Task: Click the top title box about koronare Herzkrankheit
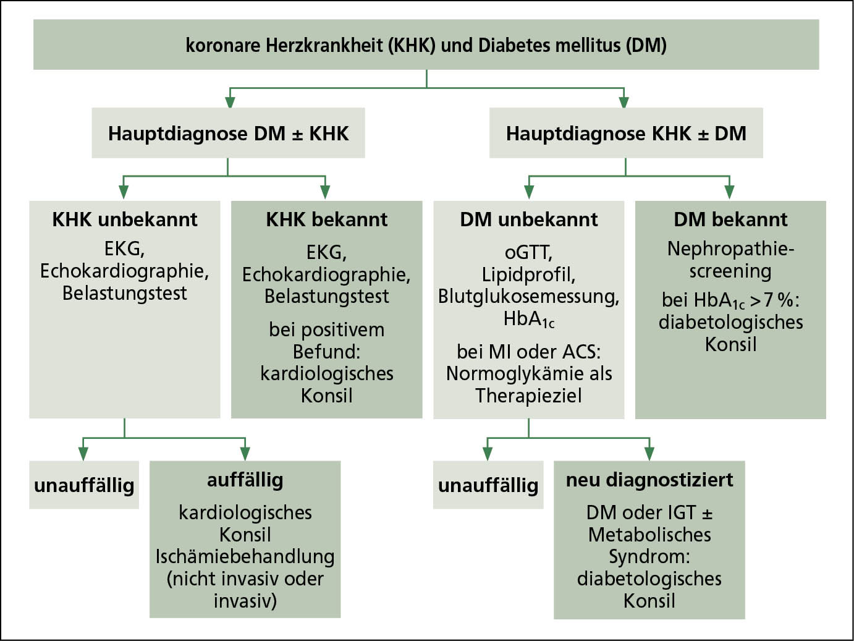(x=426, y=45)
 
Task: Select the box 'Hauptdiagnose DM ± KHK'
(x=228, y=134)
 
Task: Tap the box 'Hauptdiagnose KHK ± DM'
(x=626, y=134)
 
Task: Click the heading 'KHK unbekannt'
(x=125, y=219)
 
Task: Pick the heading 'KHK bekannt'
(x=326, y=219)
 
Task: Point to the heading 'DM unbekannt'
(x=529, y=219)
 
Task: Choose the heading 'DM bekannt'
(x=730, y=219)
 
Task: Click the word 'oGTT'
(x=528, y=252)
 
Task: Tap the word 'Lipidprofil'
(x=528, y=274)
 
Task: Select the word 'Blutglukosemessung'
(x=528, y=297)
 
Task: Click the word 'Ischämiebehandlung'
(x=245, y=556)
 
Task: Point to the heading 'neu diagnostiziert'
(x=649, y=480)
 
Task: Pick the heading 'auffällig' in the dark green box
(x=245, y=480)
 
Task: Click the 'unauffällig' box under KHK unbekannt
(x=84, y=485)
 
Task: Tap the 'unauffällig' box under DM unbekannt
(x=488, y=485)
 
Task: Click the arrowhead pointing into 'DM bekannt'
(x=730, y=192)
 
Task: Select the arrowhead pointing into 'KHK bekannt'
(x=325, y=192)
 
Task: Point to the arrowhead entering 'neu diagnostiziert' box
(x=649, y=453)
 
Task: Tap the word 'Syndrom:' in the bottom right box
(x=649, y=556)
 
